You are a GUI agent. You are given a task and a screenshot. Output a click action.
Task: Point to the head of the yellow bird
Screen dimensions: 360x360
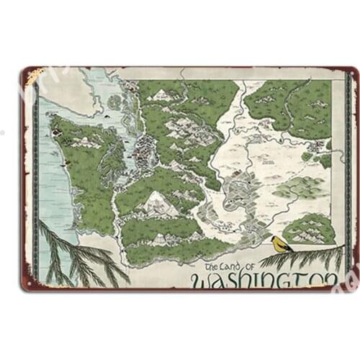pyautogui.click(x=274, y=238)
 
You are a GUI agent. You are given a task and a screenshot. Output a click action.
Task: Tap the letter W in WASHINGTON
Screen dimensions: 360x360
pyautogui.click(x=204, y=279)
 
